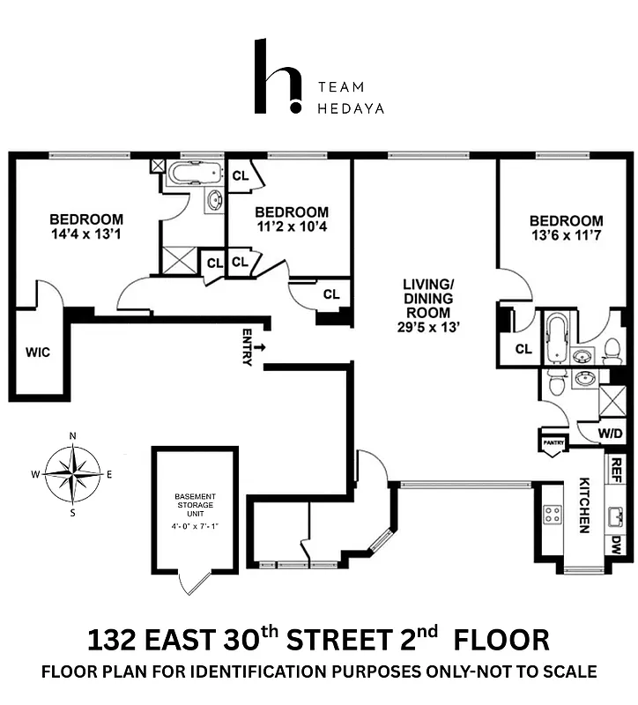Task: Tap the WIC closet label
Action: (38, 352)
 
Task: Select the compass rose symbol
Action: (72, 473)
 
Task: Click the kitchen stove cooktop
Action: (552, 515)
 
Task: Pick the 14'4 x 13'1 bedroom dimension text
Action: (86, 235)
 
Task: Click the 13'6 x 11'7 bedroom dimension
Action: (567, 236)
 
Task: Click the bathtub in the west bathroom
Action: (197, 172)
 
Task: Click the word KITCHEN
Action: (583, 506)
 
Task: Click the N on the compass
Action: (72, 435)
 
